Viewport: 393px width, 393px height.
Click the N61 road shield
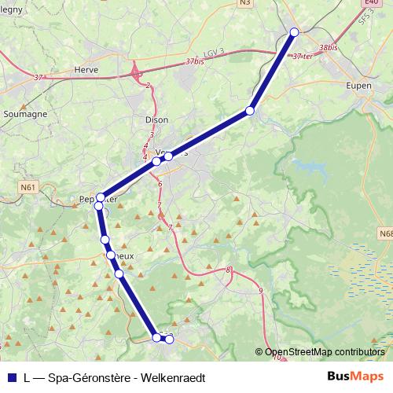pyautogui.click(x=29, y=188)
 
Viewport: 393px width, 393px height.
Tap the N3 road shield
pyautogui.click(x=245, y=3)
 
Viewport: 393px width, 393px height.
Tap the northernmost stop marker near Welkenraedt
pyautogui.click(x=295, y=31)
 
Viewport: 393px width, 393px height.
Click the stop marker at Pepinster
pyautogui.click(x=101, y=197)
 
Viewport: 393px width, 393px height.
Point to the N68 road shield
pyautogui.click(x=385, y=233)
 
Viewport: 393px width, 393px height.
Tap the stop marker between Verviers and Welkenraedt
pyautogui.click(x=250, y=111)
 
